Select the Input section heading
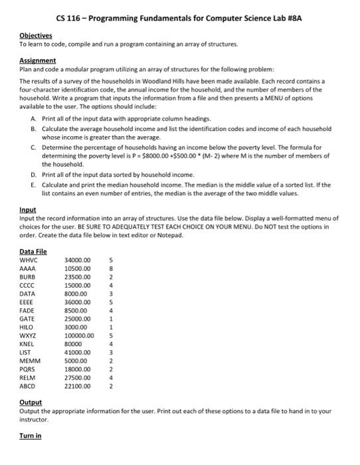pos(27,209)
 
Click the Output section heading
pos(31,403)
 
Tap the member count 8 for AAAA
pos(111,268)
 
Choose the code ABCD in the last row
pos(29,385)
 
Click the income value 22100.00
pos(78,385)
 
